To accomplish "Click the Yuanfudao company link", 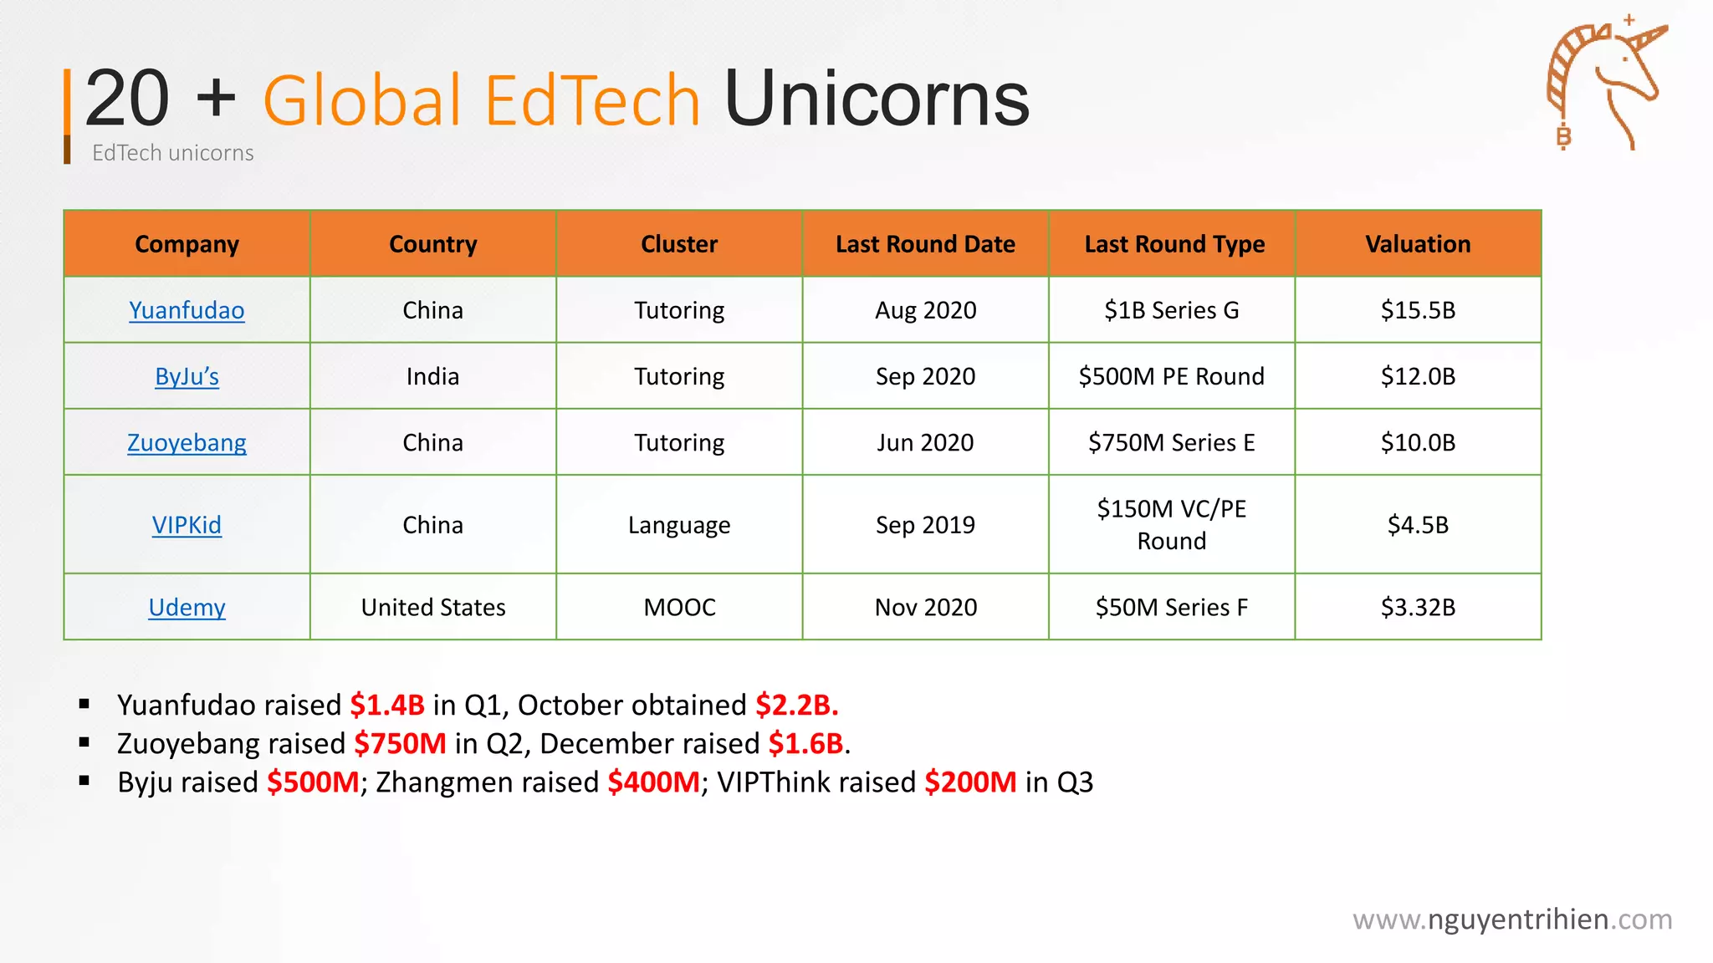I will pyautogui.click(x=187, y=310).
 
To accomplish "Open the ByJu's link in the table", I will pyautogui.click(x=187, y=376).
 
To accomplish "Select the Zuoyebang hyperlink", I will pyautogui.click(x=187, y=442).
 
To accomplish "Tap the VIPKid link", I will pyautogui.click(x=187, y=525).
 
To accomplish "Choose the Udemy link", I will pyautogui.click(x=187, y=607).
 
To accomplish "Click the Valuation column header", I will pyautogui.click(x=1418, y=244).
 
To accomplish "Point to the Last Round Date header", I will pyautogui.click(x=925, y=244).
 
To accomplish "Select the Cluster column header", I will pyautogui.click(x=679, y=244).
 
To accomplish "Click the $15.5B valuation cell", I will pyautogui.click(x=1418, y=310).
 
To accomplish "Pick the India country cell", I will pyautogui.click(x=432, y=376).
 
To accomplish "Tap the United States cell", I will pyautogui.click(x=433, y=607).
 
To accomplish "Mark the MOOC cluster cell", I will pyautogui.click(x=679, y=607).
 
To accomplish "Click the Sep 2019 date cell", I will pyautogui.click(x=925, y=525).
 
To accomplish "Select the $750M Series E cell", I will pyautogui.click(x=1171, y=442).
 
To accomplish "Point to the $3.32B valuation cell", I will pyautogui.click(x=1418, y=607).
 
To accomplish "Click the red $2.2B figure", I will pyautogui.click(x=796, y=705).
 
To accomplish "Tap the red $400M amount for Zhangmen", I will pyautogui.click(x=653, y=782).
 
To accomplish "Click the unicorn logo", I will pyautogui.click(x=1606, y=84).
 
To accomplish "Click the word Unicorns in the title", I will pyautogui.click(x=877, y=99).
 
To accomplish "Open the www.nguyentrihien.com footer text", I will pyautogui.click(x=1512, y=920).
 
